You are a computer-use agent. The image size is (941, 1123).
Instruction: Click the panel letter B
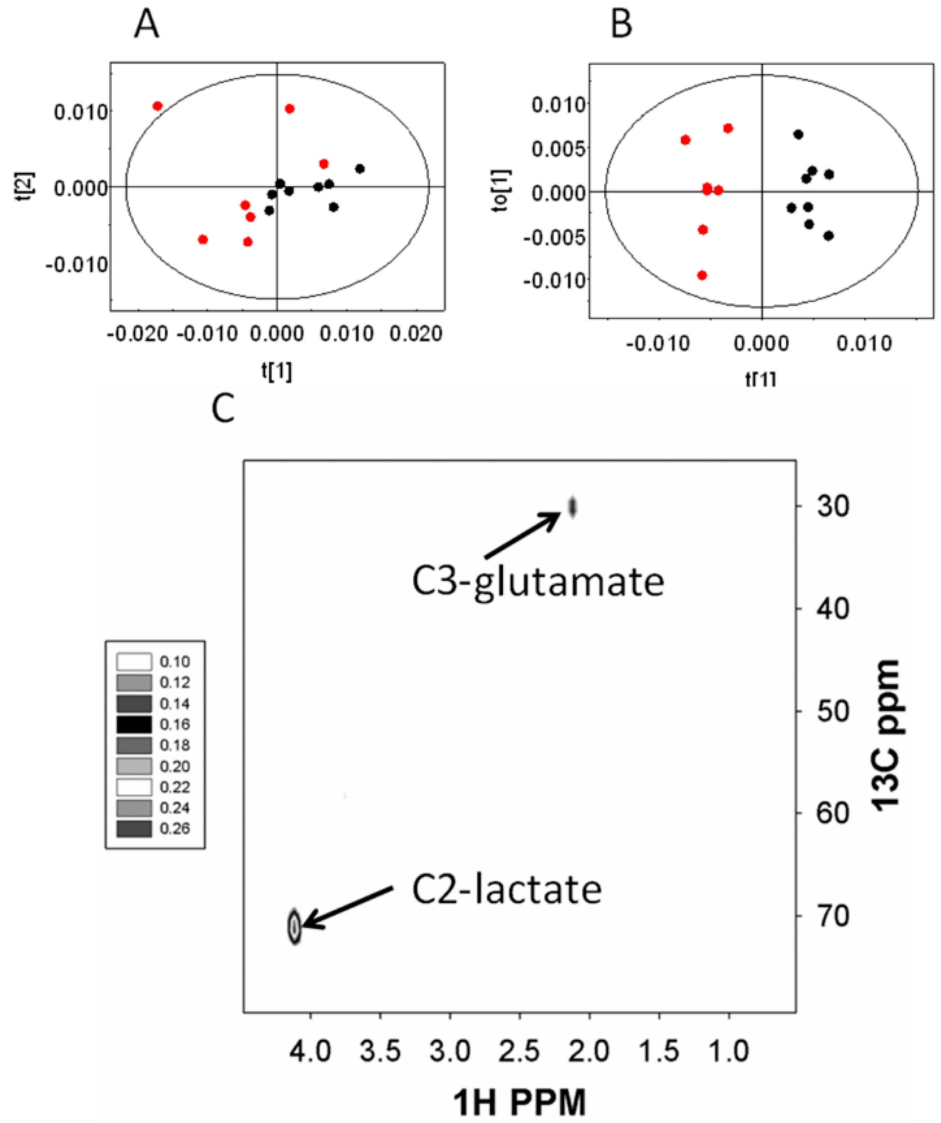tap(621, 24)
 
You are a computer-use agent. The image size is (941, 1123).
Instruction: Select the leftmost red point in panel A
tap(157, 106)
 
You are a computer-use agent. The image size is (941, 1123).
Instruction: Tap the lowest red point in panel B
tap(703, 276)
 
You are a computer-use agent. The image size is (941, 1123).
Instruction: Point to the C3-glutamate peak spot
tap(572, 506)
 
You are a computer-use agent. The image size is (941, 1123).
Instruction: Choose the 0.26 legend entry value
tap(175, 829)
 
